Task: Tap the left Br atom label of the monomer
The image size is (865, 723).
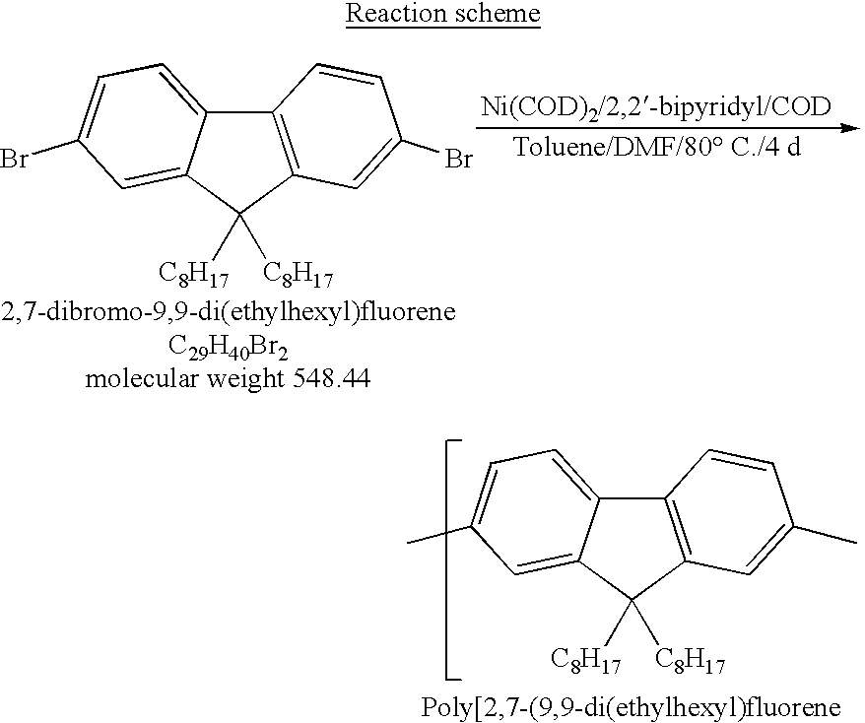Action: [x=14, y=158]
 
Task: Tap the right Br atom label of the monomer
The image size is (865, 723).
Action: [x=459, y=158]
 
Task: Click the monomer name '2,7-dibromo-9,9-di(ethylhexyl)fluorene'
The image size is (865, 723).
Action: [x=229, y=313]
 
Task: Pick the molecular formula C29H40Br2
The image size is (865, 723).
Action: [x=228, y=348]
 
